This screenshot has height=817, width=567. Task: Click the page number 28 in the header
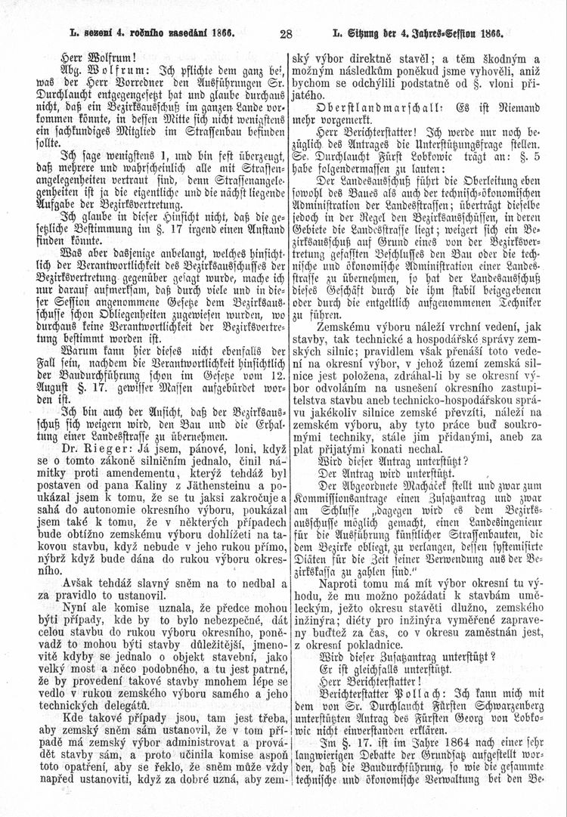(x=286, y=33)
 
